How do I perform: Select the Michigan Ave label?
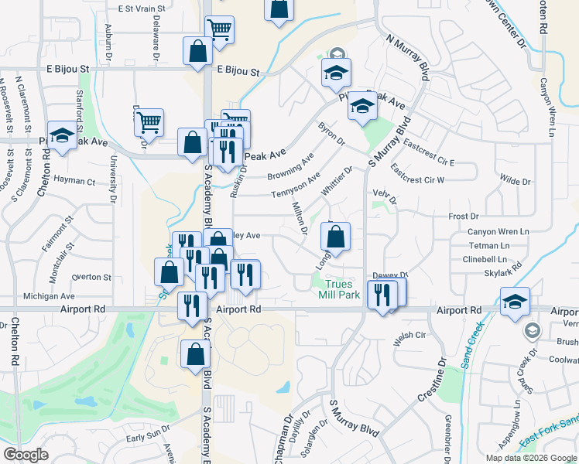pos(49,295)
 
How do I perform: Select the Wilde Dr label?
pos(515,182)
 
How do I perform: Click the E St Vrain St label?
pos(142,9)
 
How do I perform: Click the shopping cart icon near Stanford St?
pos(149,121)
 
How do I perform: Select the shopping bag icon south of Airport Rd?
pos(195,353)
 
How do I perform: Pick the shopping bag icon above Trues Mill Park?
pos(335,236)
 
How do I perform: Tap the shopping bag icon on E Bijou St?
pos(198,50)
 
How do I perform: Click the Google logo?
pos(26,455)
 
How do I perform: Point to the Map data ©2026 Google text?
pos(531,458)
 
